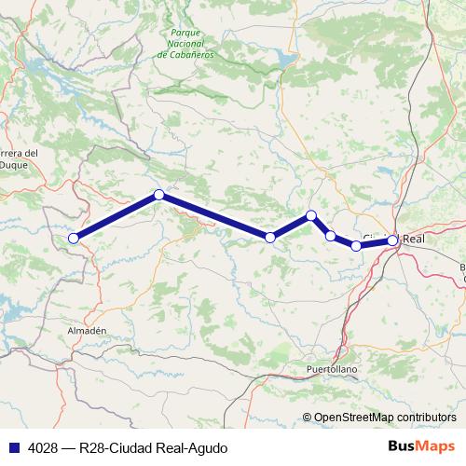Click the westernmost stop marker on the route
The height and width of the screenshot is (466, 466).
click(73, 237)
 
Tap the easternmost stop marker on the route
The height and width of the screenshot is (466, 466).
click(393, 240)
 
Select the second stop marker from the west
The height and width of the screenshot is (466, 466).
click(159, 194)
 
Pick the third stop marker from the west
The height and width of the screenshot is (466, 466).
click(270, 238)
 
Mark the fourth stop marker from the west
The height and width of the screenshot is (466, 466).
click(311, 215)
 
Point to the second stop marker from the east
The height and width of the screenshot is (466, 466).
click(356, 245)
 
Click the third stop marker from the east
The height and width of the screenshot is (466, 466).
click(331, 235)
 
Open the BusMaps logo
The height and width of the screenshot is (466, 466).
click(422, 446)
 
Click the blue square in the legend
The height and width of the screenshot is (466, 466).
click(11, 447)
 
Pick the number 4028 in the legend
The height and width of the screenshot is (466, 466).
click(38, 447)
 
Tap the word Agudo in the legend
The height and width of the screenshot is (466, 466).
click(208, 447)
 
